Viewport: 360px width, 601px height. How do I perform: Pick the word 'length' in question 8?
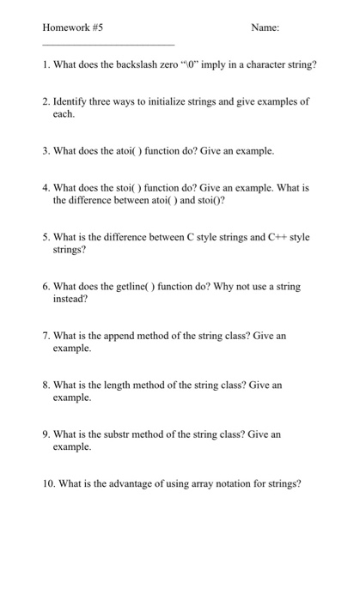[129, 385]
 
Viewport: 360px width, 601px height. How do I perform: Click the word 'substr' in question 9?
[130, 434]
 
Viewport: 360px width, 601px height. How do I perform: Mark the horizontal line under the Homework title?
[107, 44]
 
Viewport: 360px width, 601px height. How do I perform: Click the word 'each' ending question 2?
[64, 113]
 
